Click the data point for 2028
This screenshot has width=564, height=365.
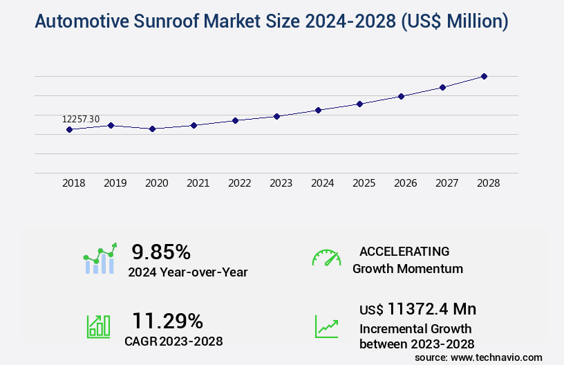484,76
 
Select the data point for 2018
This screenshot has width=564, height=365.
69,129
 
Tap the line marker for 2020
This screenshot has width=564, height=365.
152,129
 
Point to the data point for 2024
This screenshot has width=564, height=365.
318,110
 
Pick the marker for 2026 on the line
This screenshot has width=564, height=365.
401,96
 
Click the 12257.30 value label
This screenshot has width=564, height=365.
81,120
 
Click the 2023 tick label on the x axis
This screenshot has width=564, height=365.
281,183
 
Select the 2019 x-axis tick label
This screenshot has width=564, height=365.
115,183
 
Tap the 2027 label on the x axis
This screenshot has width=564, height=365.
446,183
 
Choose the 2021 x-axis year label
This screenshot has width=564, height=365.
198,183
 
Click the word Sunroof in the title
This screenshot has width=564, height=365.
165,22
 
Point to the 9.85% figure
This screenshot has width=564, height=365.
161,251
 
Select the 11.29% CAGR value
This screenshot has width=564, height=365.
167,321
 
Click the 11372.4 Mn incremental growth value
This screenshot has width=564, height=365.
431,309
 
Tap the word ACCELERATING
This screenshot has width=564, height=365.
404,251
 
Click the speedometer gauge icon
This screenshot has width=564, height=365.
326,258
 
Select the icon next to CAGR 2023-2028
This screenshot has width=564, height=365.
98,326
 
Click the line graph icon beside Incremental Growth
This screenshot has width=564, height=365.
326,326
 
